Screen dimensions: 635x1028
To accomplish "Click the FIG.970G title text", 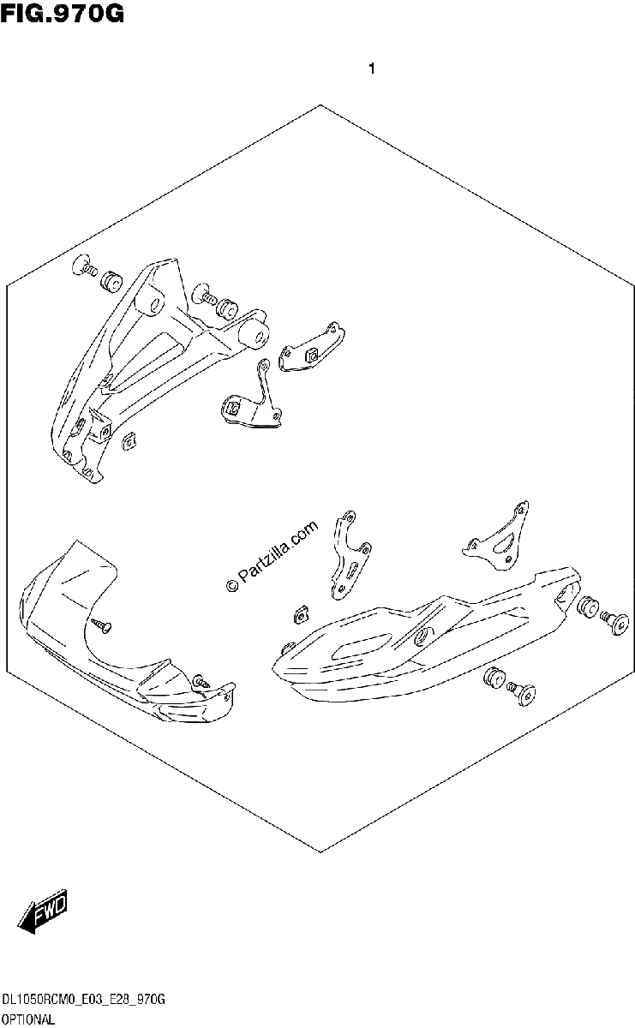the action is click(x=62, y=14).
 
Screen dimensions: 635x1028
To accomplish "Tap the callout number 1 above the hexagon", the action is click(x=371, y=69).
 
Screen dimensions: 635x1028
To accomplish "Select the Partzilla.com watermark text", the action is click(x=273, y=556).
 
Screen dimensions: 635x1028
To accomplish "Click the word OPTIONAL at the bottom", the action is click(x=28, y=1019).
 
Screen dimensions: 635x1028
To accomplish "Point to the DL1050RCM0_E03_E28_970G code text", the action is click(x=83, y=1000).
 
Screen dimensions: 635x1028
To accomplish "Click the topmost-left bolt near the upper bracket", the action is click(x=85, y=266).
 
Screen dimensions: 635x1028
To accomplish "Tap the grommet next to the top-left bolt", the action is click(x=111, y=280).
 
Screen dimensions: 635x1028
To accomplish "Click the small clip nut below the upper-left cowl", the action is click(x=130, y=441).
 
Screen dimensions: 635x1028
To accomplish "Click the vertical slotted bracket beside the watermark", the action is click(x=350, y=555).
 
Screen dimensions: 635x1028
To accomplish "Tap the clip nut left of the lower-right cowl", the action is click(x=301, y=614).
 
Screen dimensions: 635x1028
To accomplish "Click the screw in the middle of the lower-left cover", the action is click(x=101, y=625).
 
